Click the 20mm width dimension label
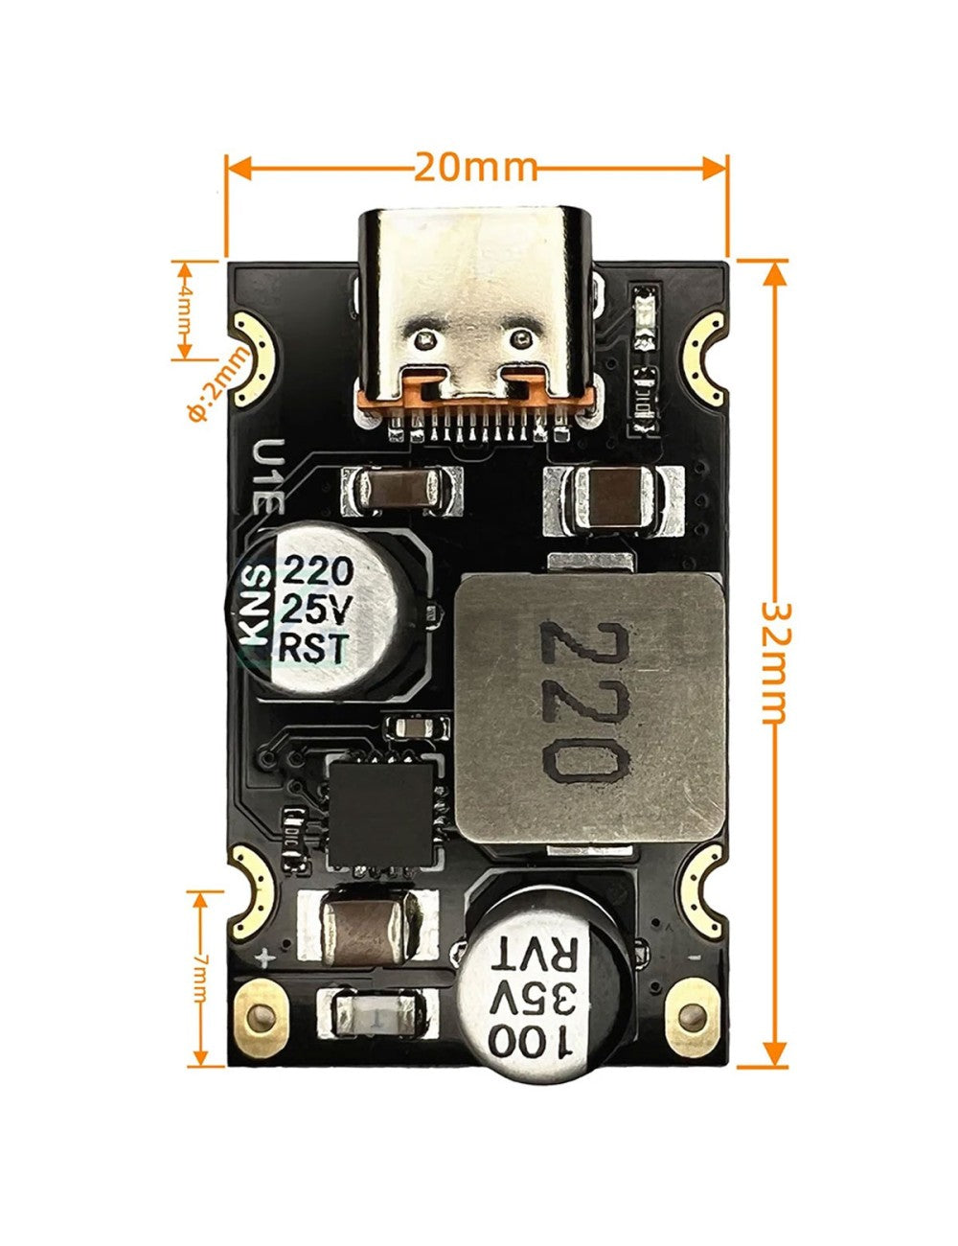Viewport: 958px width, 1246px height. (x=476, y=169)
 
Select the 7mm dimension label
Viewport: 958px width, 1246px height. (x=199, y=979)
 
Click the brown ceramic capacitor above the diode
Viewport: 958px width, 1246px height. (x=369, y=925)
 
